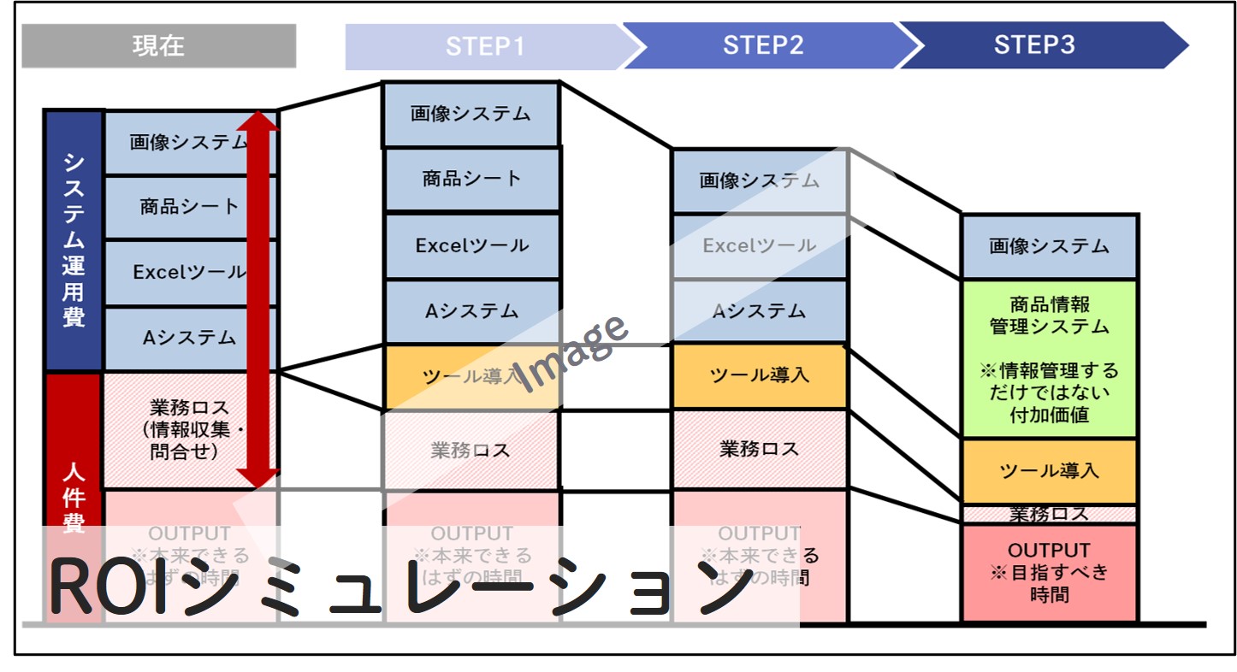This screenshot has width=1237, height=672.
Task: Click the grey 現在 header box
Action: (x=158, y=45)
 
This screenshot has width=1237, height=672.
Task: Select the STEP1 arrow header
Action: (x=484, y=46)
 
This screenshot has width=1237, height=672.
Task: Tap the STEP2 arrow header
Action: (x=762, y=45)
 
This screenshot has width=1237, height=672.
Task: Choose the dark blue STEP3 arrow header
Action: (x=1035, y=45)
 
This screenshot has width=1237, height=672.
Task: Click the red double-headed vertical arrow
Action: (x=257, y=299)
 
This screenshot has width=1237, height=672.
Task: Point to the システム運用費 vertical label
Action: (x=74, y=240)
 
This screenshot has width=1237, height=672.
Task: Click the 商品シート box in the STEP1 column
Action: (x=471, y=180)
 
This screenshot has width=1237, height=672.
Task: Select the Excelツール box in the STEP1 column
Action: (x=471, y=246)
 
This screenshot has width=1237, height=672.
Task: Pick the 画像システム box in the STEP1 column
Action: (x=471, y=114)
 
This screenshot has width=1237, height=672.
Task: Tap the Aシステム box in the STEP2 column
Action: (x=759, y=311)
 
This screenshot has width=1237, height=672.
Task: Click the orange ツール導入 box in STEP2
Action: (x=759, y=375)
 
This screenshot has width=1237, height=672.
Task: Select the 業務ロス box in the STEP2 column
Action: (x=759, y=449)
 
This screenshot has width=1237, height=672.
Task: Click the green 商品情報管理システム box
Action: (x=1049, y=359)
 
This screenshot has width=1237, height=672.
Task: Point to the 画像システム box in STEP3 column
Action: (x=1049, y=247)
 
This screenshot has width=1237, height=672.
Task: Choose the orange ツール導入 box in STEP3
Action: (x=1049, y=471)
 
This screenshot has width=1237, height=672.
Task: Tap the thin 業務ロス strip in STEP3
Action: (x=1049, y=515)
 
